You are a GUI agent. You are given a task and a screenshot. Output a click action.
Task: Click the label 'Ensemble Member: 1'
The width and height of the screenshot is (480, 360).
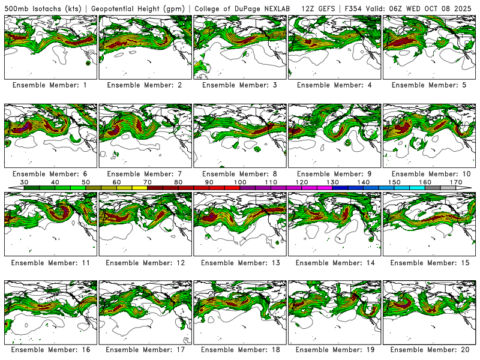[50, 85]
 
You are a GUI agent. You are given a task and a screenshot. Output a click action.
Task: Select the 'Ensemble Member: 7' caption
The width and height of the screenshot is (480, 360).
[145, 174]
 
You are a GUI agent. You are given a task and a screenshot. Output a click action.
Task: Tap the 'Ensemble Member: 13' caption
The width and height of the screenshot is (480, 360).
[239, 263]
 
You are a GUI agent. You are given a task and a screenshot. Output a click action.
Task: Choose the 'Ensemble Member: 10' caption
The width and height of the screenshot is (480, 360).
[429, 174]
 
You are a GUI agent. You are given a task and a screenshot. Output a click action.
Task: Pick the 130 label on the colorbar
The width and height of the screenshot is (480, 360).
[332, 181]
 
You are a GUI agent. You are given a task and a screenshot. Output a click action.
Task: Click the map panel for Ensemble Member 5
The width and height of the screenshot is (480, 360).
[429, 47]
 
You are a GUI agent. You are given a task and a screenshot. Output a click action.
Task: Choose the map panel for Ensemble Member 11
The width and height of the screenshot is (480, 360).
[50, 223]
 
